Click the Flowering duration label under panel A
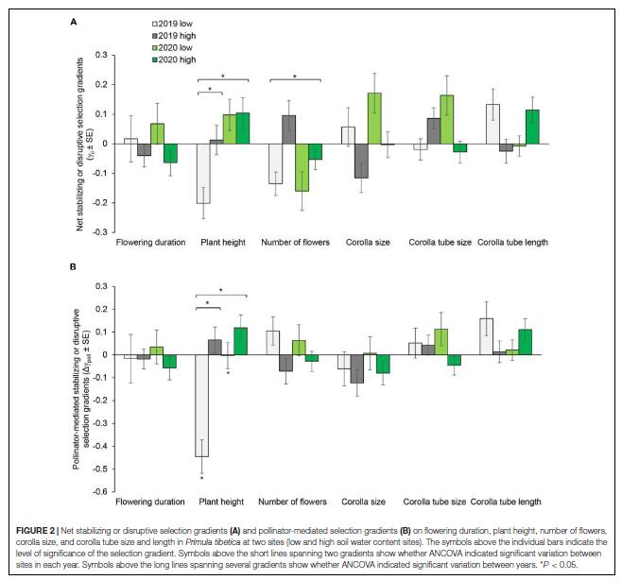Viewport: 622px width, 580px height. tap(150, 243)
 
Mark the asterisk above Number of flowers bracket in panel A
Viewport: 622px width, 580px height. tap(297, 76)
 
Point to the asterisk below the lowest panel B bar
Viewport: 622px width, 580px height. tap(202, 478)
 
